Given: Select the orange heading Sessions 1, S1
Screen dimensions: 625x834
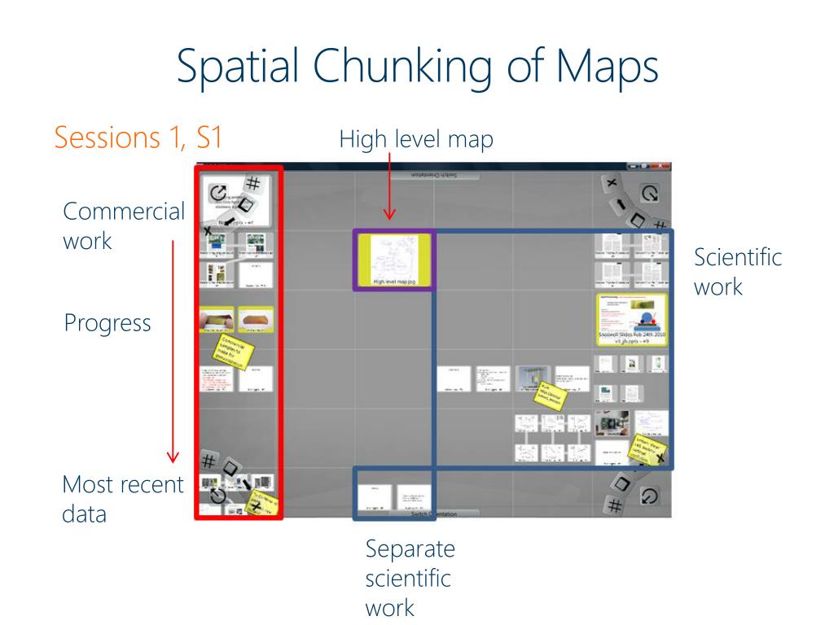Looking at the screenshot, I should (138, 138).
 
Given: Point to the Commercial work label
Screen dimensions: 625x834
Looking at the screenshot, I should (124, 226).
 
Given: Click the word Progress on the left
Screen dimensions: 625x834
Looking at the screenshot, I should (108, 323).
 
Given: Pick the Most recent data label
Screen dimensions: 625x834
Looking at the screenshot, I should (122, 499).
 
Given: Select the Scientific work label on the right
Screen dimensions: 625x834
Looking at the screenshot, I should (737, 272).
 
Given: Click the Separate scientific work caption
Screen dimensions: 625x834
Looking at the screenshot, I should (410, 578).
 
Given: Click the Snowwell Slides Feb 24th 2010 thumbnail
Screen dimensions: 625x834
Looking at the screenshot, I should (631, 319).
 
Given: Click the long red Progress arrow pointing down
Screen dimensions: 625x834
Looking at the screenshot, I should (173, 350).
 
